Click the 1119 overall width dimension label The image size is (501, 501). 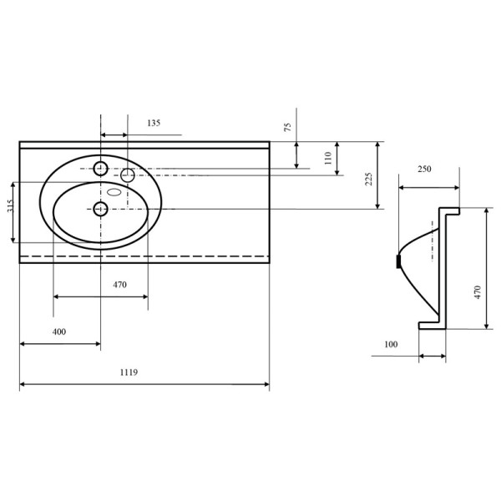click(x=129, y=372)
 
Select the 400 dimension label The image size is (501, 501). click(x=59, y=331)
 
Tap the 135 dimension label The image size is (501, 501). click(x=154, y=123)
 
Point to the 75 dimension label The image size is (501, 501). click(x=287, y=127)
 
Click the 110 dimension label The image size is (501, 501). click(x=328, y=158)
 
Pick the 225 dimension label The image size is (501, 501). click(x=369, y=180)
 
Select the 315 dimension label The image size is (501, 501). click(x=10, y=206)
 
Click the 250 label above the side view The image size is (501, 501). click(x=424, y=169)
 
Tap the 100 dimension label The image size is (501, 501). click(x=391, y=344)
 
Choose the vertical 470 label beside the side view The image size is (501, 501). click(x=478, y=292)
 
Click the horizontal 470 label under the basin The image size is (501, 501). click(x=119, y=285)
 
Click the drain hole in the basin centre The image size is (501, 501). click(x=100, y=209)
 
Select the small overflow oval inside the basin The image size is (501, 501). click(x=114, y=192)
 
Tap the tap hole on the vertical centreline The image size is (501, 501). click(x=100, y=169)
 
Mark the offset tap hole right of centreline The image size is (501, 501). click(x=128, y=175)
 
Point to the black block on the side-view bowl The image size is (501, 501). click(x=398, y=261)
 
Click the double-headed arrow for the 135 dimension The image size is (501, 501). click(x=114, y=134)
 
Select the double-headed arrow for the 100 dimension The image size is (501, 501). click(x=433, y=356)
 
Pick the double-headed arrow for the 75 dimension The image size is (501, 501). click(x=296, y=155)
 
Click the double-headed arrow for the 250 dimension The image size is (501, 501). click(x=429, y=188)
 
